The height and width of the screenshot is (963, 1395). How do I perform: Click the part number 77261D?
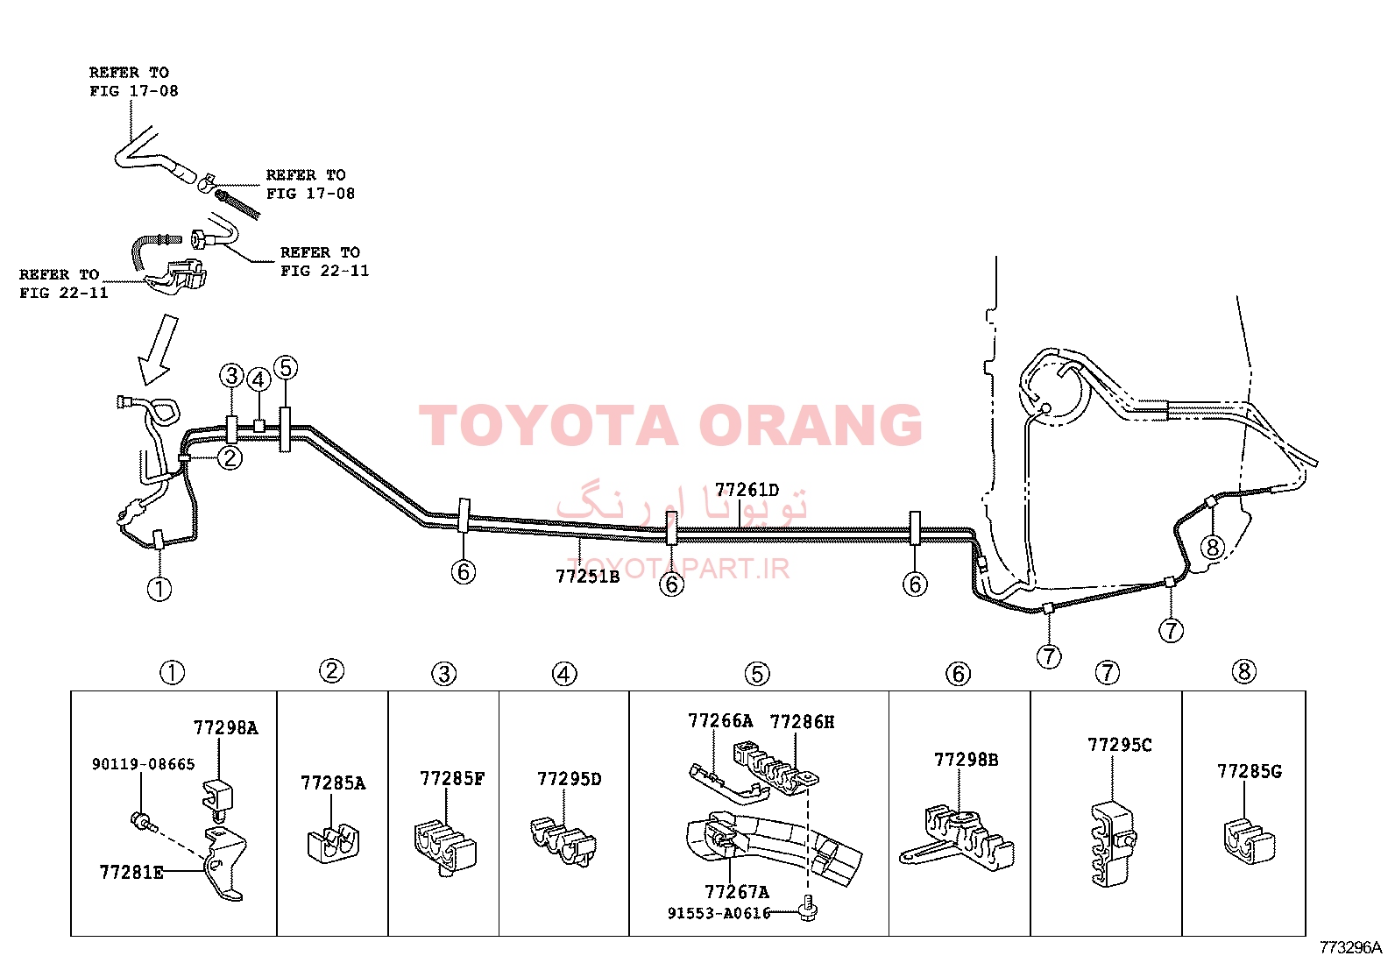click(x=747, y=490)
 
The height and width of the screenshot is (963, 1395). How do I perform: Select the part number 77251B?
click(x=587, y=577)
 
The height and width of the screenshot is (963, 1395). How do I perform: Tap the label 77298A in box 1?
click(x=225, y=727)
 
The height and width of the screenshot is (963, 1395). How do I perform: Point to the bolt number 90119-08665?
click(x=143, y=764)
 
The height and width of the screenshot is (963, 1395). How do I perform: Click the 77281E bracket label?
click(x=131, y=873)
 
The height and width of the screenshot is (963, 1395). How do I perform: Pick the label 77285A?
click(x=333, y=783)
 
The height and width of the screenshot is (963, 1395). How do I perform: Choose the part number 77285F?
click(x=452, y=779)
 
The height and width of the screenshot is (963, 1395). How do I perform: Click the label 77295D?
click(x=570, y=779)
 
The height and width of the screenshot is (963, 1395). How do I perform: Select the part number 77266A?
click(x=720, y=721)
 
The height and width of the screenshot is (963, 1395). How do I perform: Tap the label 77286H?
click(x=802, y=722)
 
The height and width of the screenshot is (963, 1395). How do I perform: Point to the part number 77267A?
click(x=737, y=893)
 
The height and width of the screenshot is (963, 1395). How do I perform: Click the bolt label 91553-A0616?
click(x=719, y=913)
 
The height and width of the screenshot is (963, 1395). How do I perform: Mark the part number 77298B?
click(x=966, y=760)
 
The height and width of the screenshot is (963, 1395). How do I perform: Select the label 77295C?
click(x=1120, y=745)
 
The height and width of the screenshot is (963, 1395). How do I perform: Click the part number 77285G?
click(x=1250, y=772)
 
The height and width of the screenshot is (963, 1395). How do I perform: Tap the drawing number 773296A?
click(x=1350, y=947)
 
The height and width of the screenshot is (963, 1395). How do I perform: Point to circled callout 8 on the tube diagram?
click(x=1212, y=548)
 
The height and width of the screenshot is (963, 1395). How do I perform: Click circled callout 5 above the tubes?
click(x=286, y=367)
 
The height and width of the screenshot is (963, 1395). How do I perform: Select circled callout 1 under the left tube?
click(x=159, y=589)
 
